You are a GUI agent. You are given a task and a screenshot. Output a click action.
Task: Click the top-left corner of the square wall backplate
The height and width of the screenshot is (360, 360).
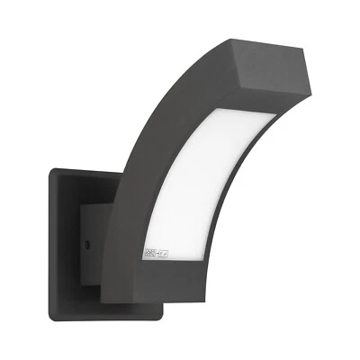click(x=51, y=171)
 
